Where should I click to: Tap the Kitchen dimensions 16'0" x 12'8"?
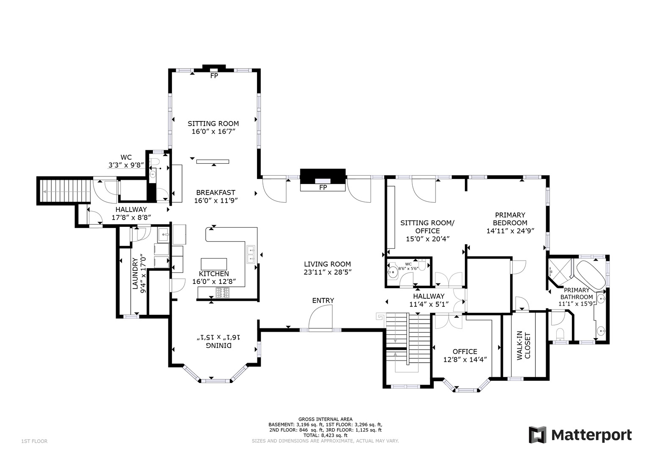pyautogui.click(x=214, y=281)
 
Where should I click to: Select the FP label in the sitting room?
pyautogui.click(x=214, y=76)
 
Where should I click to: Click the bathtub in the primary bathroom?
pyautogui.click(x=590, y=275)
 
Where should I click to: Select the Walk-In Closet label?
pyautogui.click(x=523, y=345)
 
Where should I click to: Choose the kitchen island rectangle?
pyautogui.click(x=214, y=263)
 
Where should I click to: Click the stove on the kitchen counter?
pyautogui.click(x=223, y=292)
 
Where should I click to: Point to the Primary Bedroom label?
pyautogui.click(x=510, y=219)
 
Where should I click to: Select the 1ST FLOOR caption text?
pyautogui.click(x=34, y=441)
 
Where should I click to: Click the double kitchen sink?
pyautogui.click(x=251, y=254)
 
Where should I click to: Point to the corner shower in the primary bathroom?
pyautogui.click(x=559, y=271)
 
